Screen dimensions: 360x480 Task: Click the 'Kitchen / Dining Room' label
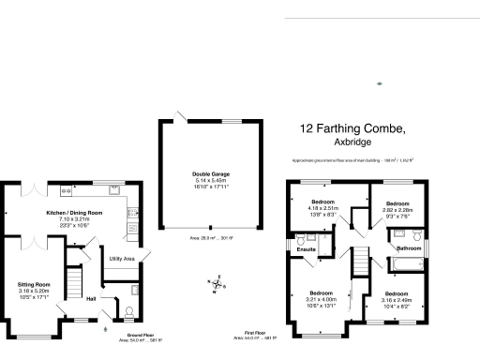click(74, 213)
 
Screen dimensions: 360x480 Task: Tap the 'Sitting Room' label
click(34, 283)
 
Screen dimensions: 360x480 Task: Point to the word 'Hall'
click(92, 299)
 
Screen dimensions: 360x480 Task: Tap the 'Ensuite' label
click(306, 249)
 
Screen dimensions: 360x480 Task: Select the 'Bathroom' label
click(409, 247)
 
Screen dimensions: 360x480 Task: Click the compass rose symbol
click(216, 283)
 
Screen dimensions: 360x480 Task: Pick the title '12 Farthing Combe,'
click(352, 127)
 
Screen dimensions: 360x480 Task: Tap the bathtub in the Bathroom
click(407, 265)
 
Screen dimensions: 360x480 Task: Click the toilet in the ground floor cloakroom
click(128, 310)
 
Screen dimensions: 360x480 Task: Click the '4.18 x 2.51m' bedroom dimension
click(323, 209)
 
